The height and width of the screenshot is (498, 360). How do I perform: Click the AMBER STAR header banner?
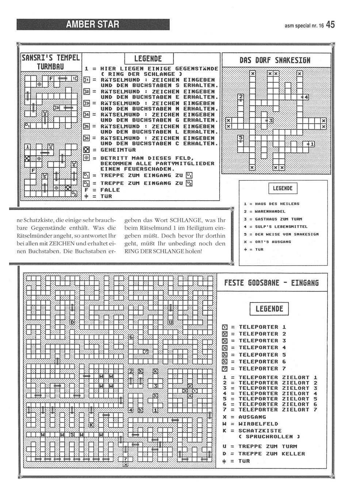click(93, 24)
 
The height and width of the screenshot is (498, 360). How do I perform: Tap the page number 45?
click(330, 24)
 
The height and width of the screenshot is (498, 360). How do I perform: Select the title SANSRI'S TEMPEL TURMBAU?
click(51, 62)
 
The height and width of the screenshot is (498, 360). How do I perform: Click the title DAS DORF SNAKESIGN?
click(275, 60)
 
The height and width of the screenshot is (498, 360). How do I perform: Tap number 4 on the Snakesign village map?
click(306, 97)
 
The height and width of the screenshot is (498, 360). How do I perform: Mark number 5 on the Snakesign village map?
click(241, 138)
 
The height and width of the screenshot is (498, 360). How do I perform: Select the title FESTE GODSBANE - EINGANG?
click(271, 283)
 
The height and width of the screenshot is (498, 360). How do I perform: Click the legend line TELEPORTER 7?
click(262, 369)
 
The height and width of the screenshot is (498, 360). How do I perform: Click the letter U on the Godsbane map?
click(171, 322)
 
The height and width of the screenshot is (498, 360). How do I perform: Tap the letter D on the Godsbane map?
click(72, 322)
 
